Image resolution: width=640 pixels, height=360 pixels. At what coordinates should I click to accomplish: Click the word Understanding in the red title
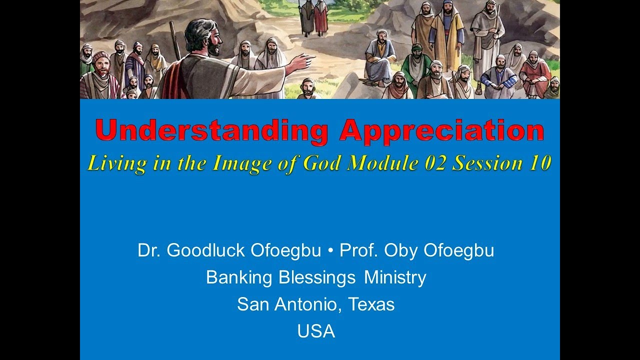(211, 131)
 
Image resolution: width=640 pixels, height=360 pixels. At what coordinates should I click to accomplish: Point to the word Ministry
(395, 277)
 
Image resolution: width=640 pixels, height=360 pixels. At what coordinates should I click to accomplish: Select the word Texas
(372, 304)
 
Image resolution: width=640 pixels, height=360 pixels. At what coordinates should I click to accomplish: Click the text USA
(316, 331)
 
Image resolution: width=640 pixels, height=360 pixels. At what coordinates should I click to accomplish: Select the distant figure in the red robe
(320, 17)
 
